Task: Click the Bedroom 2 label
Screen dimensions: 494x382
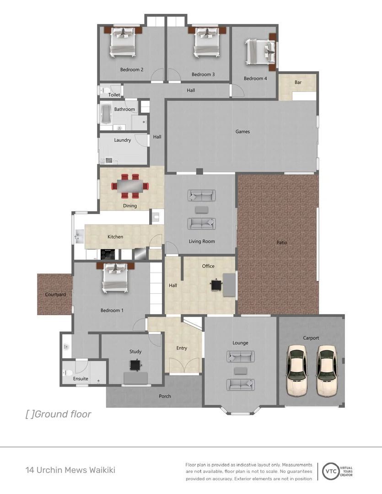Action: click(x=132, y=70)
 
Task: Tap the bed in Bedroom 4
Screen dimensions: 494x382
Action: click(x=261, y=52)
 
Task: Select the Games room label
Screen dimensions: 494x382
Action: click(x=242, y=132)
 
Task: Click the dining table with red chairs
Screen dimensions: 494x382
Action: click(x=130, y=185)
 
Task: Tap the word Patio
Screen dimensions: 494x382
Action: click(x=282, y=242)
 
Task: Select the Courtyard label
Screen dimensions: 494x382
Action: click(x=55, y=295)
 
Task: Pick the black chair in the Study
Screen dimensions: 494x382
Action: click(x=135, y=365)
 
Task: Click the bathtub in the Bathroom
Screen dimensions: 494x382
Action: click(x=106, y=114)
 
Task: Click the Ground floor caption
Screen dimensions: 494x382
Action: click(x=58, y=414)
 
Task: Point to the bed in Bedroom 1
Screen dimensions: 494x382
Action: click(x=115, y=277)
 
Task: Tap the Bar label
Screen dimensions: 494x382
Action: click(x=298, y=83)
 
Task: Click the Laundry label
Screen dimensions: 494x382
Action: click(x=123, y=140)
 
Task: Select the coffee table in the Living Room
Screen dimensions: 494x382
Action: click(x=201, y=209)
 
